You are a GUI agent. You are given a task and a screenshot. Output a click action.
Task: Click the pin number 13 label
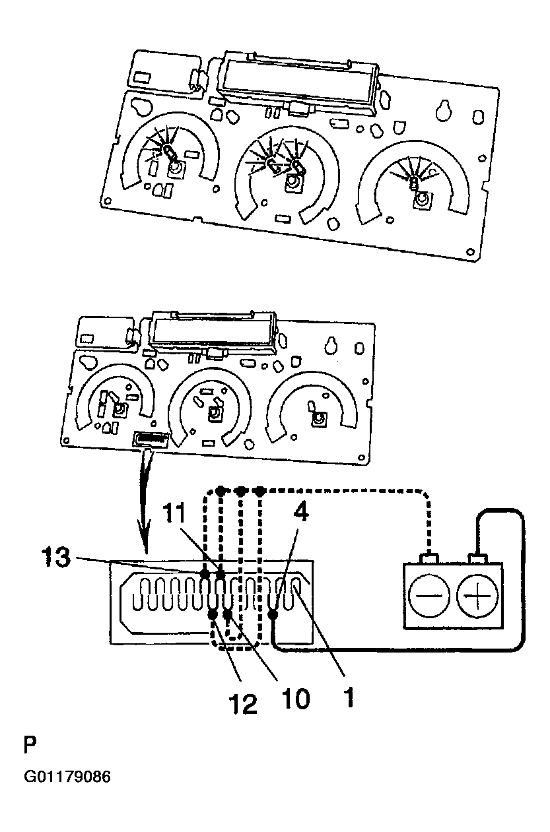tap(55, 556)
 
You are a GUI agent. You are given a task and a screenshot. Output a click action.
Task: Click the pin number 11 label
tap(174, 515)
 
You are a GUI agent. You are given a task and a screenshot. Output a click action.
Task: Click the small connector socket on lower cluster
tap(151, 440)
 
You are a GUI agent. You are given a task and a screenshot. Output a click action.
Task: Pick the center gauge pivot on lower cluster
tap(214, 412)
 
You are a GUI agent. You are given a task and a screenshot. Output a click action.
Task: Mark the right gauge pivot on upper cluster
tap(422, 201)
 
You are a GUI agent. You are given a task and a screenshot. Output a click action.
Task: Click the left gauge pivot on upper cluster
tap(176, 170)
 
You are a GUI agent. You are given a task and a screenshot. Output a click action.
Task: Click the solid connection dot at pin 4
tap(273, 615)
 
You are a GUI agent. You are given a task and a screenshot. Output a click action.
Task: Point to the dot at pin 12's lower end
tap(213, 615)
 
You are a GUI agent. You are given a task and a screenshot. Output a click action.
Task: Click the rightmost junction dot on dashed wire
tap(259, 492)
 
